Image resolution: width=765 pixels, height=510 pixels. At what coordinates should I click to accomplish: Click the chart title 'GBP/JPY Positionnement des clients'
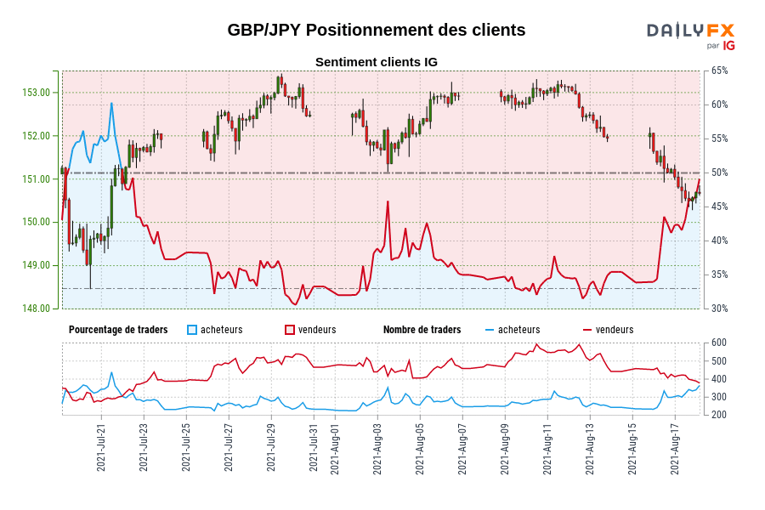tap(376, 30)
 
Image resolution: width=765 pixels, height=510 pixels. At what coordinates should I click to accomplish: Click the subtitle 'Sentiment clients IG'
tap(376, 62)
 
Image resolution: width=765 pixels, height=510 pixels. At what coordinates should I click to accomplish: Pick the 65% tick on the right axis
tap(719, 71)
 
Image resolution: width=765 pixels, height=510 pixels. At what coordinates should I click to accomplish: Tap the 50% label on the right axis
tap(719, 173)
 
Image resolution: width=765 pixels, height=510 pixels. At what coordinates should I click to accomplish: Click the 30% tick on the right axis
tap(719, 309)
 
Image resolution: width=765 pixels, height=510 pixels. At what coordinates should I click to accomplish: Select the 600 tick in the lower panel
tap(717, 343)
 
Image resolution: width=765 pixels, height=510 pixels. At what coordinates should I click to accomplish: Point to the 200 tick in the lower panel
tap(717, 415)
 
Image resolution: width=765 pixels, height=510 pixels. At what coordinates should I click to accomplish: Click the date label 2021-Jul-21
tap(101, 449)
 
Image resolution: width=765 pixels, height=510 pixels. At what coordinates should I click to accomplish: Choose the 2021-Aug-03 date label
tap(377, 449)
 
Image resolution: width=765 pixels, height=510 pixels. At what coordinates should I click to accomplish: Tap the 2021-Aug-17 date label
tap(675, 449)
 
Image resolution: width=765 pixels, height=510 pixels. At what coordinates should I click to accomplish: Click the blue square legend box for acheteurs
tap(192, 330)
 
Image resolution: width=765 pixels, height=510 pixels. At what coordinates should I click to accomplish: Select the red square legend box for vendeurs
tap(290, 330)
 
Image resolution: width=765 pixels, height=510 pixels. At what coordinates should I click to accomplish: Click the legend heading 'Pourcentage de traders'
tap(118, 330)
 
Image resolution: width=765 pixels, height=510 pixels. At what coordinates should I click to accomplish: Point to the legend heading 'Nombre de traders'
tap(422, 330)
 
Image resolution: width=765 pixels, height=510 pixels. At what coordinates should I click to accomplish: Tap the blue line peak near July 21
tap(111, 104)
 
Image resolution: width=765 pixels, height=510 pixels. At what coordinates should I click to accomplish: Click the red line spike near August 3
tap(388, 201)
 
